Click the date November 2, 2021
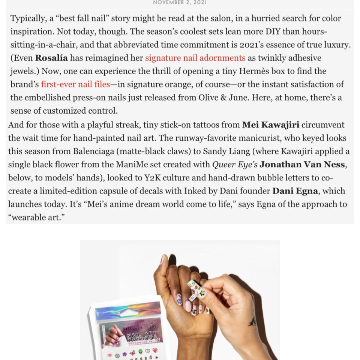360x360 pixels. (x=180, y=2)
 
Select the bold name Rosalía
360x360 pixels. (x=51, y=58)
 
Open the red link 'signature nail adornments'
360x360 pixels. (x=195, y=58)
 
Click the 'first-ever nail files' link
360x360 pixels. (x=75, y=84)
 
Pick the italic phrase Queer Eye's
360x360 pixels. (x=235, y=165)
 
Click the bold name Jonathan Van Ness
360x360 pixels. (x=302, y=165)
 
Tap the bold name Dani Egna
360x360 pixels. (x=295, y=191)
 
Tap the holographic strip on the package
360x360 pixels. (x=128, y=311)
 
